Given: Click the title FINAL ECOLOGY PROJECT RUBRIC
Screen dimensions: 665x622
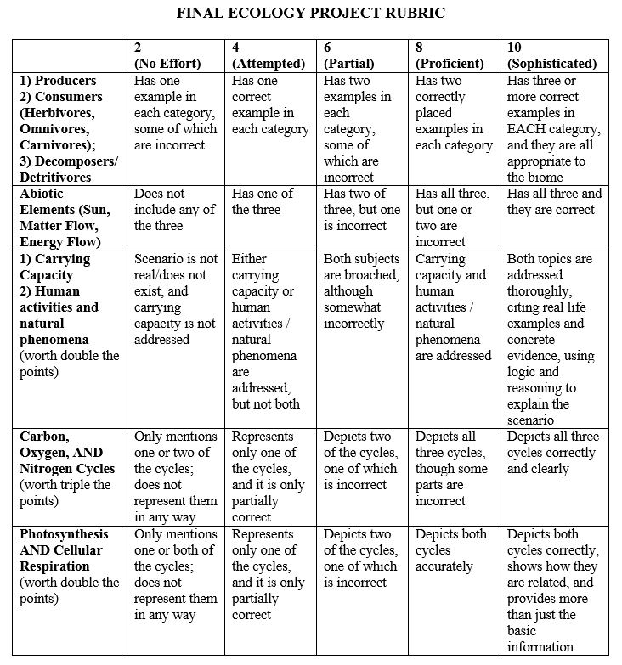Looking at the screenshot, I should point(310,14).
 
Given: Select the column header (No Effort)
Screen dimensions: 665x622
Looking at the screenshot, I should point(167,64).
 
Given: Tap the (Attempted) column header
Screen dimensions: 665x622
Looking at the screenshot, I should point(269,64).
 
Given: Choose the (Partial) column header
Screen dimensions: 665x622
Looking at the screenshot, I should point(350,64).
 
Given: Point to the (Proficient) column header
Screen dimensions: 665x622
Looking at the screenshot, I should point(450,64).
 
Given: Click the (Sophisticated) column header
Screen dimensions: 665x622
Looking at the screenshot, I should point(551,64).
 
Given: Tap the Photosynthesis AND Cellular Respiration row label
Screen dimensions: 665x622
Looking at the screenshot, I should point(65,550).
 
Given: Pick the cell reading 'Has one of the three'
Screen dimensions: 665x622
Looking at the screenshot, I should point(263,201).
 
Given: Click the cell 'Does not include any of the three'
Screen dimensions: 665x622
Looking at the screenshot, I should point(174,210).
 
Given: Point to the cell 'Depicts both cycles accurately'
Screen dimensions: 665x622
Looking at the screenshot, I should point(451,550).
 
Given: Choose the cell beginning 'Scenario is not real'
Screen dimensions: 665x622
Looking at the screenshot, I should point(175,299).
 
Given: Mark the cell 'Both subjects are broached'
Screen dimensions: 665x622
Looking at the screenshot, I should point(360,290).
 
